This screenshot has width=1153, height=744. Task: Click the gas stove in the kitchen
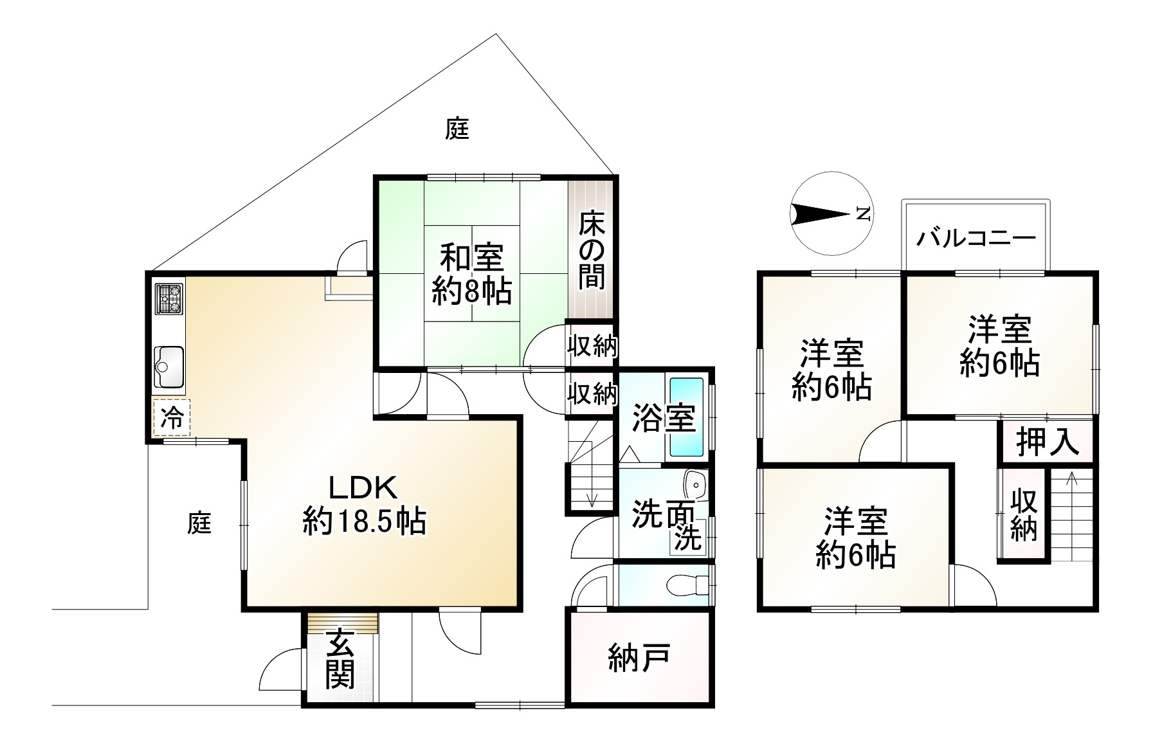coord(168,298)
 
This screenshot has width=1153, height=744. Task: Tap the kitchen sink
coord(168,367)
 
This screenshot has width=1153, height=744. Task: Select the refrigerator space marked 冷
coord(171,418)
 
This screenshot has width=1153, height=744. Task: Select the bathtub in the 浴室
coord(687,417)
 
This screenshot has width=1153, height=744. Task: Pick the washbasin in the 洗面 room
coord(695,482)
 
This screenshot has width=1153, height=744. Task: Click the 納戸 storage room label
coord(639,658)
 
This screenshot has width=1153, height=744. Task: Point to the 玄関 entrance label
coord(340,659)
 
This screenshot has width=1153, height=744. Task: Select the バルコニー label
coord(976,239)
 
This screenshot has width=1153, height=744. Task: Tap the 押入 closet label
coord(1047,442)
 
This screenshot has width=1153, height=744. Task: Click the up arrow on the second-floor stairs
coord(1071,479)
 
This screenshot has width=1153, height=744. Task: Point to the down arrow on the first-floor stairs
coord(592,499)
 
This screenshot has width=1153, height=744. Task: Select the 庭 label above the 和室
coord(457,129)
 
